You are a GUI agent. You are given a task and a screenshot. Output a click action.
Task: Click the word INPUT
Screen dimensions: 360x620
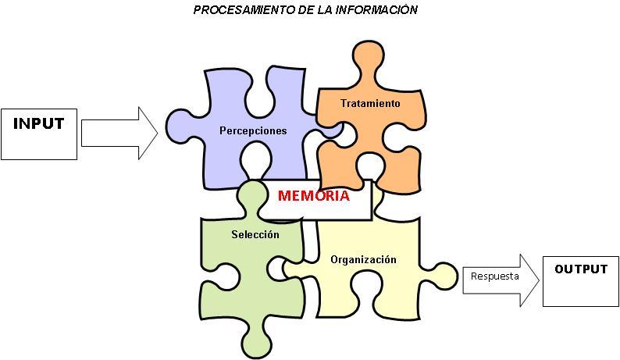tap(38, 123)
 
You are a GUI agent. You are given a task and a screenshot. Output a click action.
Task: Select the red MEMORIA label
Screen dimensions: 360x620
tap(313, 196)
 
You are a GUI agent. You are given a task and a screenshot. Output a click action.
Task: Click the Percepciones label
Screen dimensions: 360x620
tap(253, 130)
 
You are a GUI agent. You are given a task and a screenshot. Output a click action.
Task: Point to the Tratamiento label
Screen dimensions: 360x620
tap(370, 103)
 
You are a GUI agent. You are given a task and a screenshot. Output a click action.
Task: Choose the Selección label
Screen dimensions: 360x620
tap(255, 234)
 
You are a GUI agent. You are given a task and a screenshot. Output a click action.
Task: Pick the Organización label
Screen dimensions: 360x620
tap(363, 259)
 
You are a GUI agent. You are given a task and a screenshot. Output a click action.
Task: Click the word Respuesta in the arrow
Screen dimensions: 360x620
tap(495, 276)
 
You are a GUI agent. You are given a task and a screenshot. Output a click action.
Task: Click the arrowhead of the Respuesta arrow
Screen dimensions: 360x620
tap(529, 279)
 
